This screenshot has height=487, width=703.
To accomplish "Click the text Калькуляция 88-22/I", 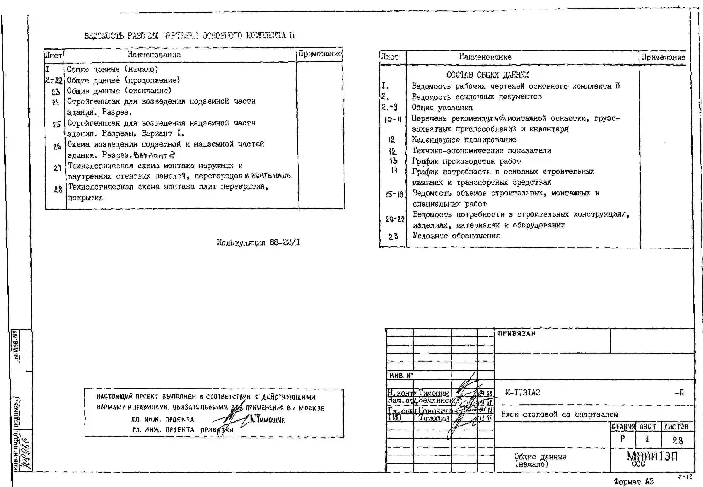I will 258,243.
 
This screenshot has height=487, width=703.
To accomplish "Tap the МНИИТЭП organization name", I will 652,456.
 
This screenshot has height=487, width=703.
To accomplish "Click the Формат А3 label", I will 633,481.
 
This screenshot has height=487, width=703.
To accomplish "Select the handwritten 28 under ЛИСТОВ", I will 677,440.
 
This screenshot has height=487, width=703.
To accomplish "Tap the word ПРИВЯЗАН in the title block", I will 517,334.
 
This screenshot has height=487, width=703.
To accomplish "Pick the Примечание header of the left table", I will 320,54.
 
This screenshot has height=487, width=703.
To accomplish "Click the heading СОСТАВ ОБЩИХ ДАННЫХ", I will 488,75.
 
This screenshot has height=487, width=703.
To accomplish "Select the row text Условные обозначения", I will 456,236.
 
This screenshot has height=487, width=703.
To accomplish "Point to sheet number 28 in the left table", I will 58,190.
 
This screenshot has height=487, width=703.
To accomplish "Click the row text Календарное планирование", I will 464,140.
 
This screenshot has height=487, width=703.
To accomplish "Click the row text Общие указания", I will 442,107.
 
